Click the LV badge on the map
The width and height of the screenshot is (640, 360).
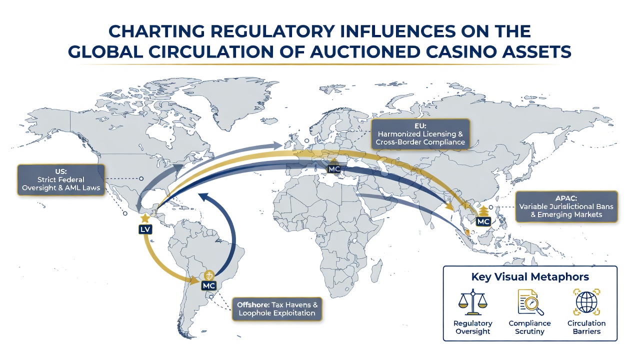(x=145, y=229)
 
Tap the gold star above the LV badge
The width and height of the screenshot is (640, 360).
(x=145, y=218)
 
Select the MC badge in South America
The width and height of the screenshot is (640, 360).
(x=209, y=285)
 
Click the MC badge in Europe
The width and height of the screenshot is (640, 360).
(x=334, y=169)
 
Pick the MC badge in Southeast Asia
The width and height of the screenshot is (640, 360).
(x=483, y=221)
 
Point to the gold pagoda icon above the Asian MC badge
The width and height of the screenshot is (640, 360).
(x=483, y=211)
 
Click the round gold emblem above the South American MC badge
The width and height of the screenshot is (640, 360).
(x=209, y=275)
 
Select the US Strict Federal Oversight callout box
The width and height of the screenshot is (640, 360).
(x=61, y=179)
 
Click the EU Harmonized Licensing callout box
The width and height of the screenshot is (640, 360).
(x=420, y=134)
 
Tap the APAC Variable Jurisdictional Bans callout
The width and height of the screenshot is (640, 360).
(x=566, y=206)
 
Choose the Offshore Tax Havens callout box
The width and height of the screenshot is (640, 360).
(x=277, y=309)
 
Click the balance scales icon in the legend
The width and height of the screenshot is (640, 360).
(x=473, y=301)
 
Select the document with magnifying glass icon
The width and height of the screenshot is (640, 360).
(x=530, y=302)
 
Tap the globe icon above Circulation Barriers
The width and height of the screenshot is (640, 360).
(x=586, y=302)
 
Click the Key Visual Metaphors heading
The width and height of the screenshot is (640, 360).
(x=530, y=276)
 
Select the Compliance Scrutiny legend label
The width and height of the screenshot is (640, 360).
(x=529, y=327)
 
